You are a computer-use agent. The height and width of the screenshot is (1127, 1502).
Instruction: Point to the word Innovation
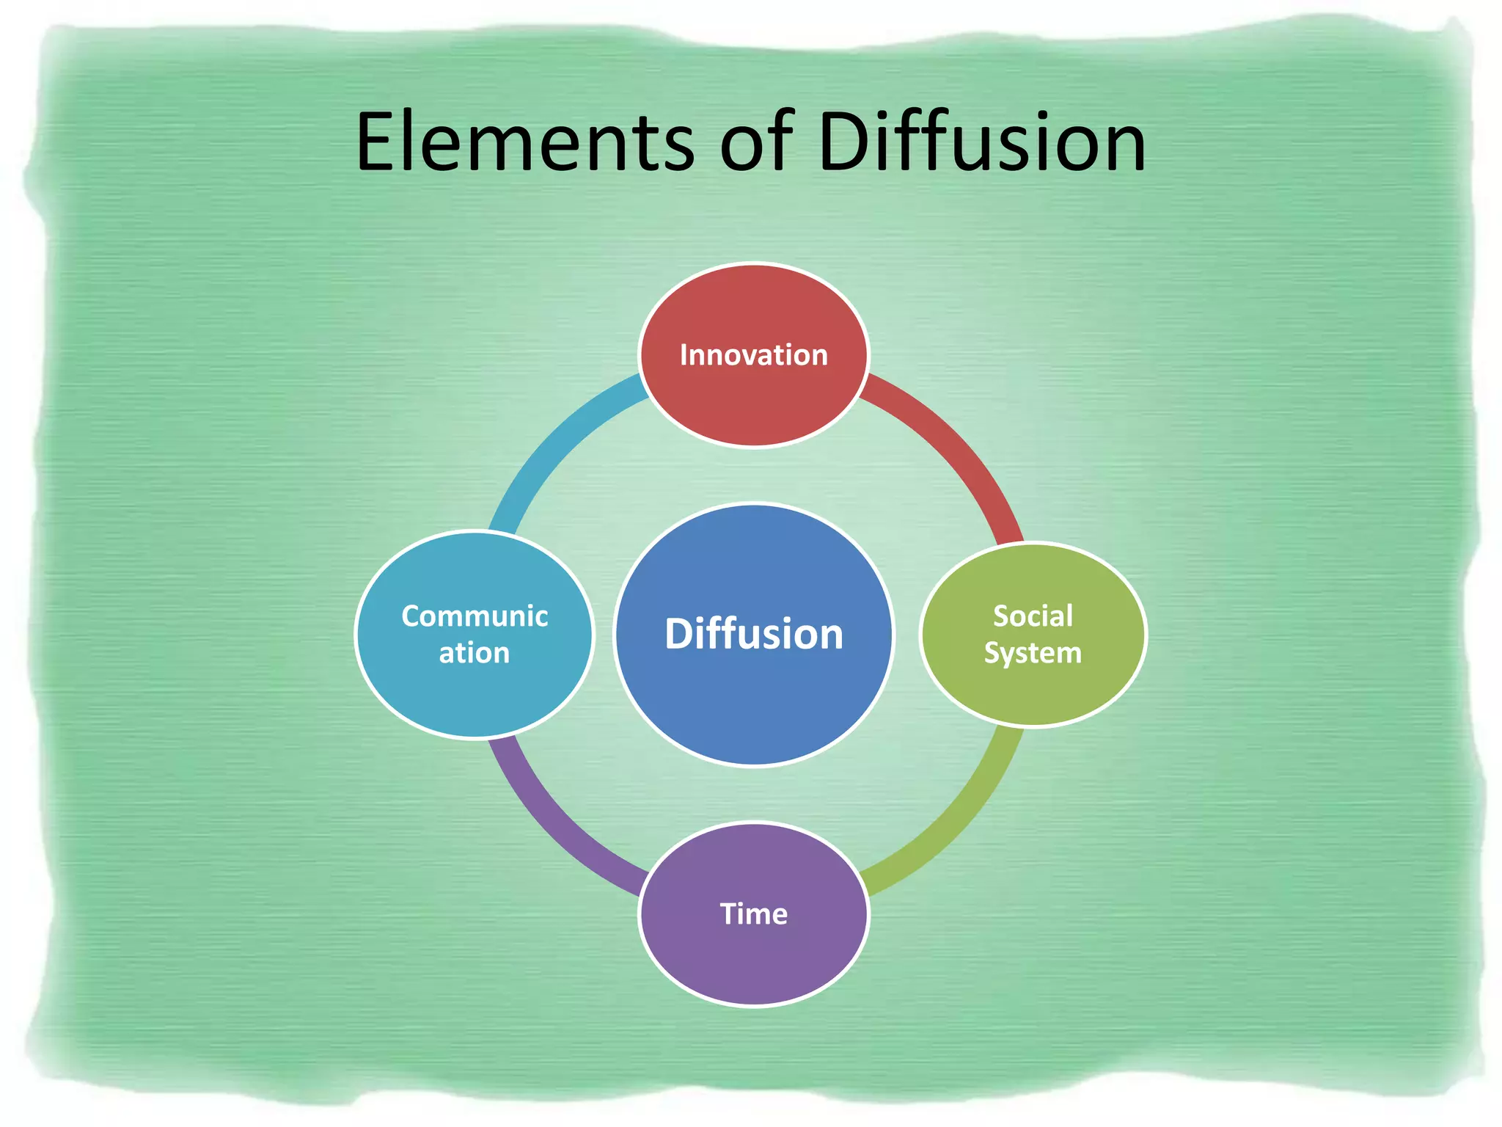[x=753, y=355]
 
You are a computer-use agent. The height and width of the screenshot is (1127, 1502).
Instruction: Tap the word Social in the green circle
[x=1033, y=616]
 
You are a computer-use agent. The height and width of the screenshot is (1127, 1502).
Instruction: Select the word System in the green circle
[x=1033, y=653]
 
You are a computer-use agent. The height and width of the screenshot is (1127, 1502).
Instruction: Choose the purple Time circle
[x=753, y=961]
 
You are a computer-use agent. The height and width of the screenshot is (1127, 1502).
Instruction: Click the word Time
[x=753, y=914]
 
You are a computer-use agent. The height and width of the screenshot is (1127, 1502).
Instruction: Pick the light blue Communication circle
[x=475, y=697]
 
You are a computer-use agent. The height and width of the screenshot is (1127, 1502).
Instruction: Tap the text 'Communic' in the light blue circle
[x=475, y=616]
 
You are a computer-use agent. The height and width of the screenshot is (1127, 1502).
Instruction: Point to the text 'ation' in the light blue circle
[x=475, y=653]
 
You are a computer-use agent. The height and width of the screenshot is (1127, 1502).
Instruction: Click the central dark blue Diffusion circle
[x=753, y=704]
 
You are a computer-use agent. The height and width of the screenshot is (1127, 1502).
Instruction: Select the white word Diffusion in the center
[x=753, y=634]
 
